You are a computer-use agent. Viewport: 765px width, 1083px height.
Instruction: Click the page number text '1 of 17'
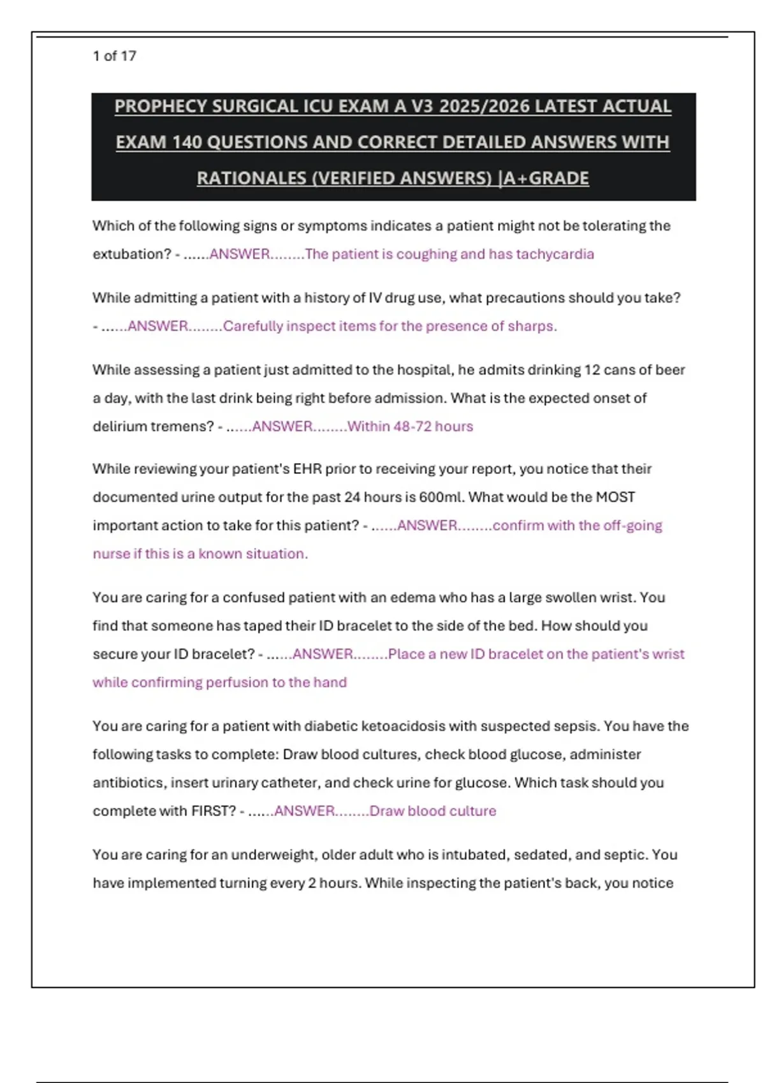[x=114, y=56]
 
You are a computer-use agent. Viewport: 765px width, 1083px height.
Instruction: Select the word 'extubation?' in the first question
[x=132, y=254]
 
